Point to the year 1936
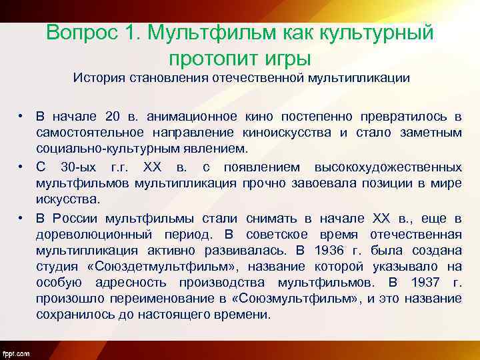click(353, 251)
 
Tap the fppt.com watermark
click(15, 353)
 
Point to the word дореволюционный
click(87, 235)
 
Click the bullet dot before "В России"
click(22, 218)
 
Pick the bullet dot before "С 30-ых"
click(22, 166)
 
